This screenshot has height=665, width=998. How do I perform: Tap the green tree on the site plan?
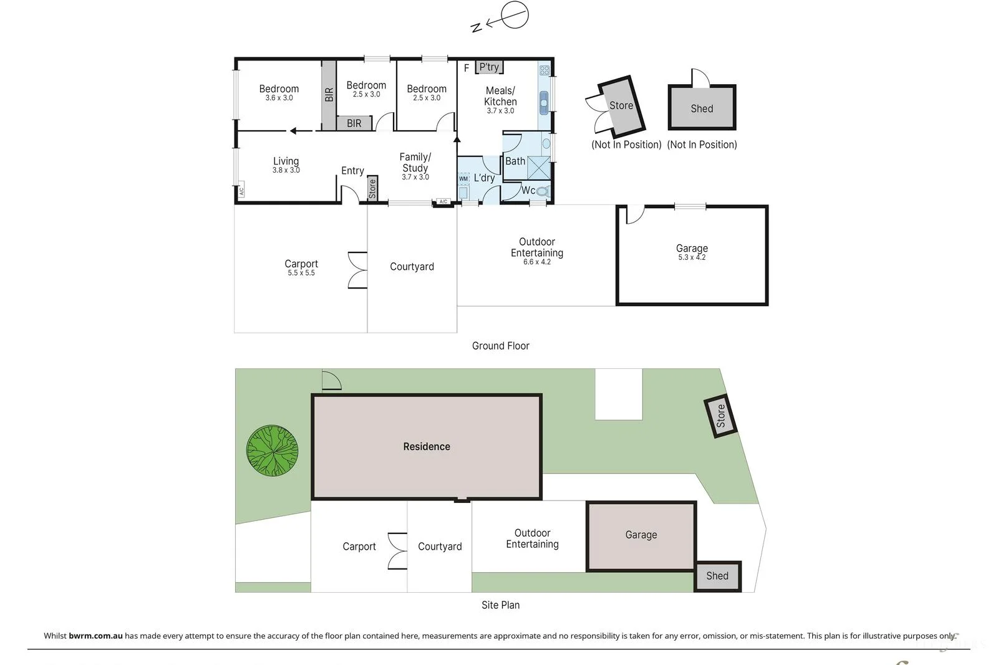point(272,451)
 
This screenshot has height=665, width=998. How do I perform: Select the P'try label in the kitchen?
point(489,67)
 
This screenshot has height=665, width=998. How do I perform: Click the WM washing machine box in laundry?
point(463,179)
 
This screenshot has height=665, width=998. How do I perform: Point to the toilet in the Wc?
point(543,191)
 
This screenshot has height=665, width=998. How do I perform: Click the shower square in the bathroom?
point(539,168)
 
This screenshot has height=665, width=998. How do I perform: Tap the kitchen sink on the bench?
point(544,102)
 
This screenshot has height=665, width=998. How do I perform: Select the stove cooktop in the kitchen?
point(544,70)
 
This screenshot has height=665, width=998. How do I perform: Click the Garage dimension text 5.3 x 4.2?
point(692,257)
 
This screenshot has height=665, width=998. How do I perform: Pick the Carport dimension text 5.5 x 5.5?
point(301,273)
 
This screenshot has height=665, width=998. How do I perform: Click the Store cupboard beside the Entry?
point(372,188)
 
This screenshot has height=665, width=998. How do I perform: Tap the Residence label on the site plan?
point(427,446)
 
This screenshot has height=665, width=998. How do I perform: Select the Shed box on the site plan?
point(717,576)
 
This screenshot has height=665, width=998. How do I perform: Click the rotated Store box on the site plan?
point(720,416)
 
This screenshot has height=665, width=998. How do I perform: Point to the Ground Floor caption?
point(500,346)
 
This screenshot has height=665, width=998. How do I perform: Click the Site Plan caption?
point(500,605)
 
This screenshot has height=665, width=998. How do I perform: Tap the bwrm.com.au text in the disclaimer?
point(95,636)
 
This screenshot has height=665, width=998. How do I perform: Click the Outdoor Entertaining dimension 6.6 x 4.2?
point(536,262)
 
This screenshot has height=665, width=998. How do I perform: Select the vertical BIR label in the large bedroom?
point(329,95)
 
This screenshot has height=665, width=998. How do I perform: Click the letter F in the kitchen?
point(466,68)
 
